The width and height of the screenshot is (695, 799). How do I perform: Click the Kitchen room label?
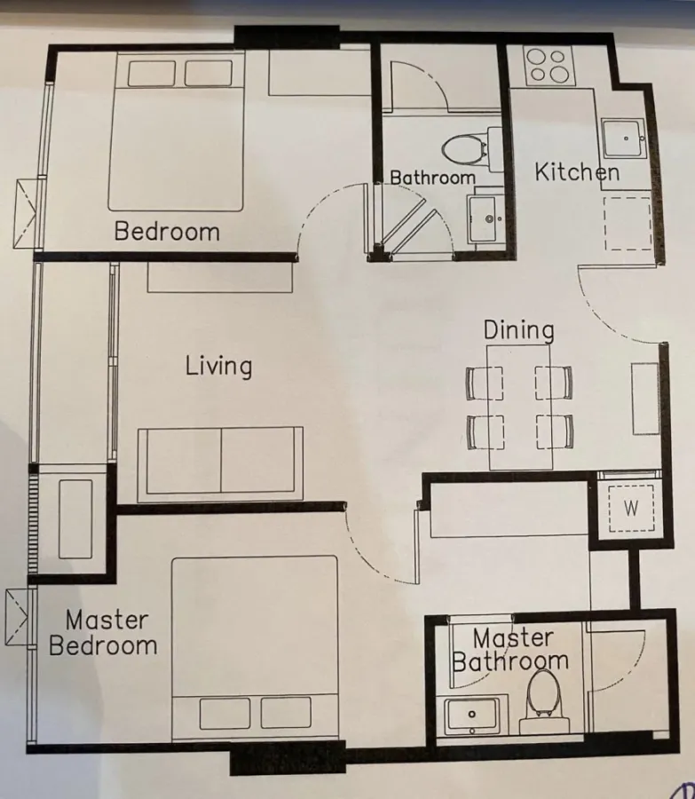(x=577, y=172)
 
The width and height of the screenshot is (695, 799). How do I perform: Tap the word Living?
(x=218, y=367)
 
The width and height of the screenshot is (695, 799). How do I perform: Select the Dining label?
(x=518, y=330)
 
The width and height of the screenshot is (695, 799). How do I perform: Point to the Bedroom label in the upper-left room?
(x=167, y=231)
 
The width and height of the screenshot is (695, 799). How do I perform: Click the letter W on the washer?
(x=631, y=508)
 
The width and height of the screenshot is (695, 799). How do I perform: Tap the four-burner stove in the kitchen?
(x=549, y=67)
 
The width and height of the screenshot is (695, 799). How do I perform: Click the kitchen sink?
(x=624, y=138)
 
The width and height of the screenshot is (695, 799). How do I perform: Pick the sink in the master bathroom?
(x=472, y=716)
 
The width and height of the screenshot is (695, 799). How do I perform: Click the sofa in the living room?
(x=220, y=463)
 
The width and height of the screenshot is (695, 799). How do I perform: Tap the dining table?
(x=520, y=407)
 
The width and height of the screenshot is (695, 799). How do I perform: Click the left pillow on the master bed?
(x=225, y=714)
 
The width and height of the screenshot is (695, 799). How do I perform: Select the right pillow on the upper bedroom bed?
(x=209, y=74)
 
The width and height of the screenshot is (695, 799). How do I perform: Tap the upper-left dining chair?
(x=484, y=383)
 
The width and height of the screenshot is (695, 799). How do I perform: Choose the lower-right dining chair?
(x=555, y=431)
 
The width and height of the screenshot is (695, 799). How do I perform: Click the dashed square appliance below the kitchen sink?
(x=628, y=223)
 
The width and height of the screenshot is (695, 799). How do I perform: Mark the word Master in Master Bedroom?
(x=107, y=621)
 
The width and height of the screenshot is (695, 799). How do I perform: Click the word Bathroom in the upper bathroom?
(x=432, y=178)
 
